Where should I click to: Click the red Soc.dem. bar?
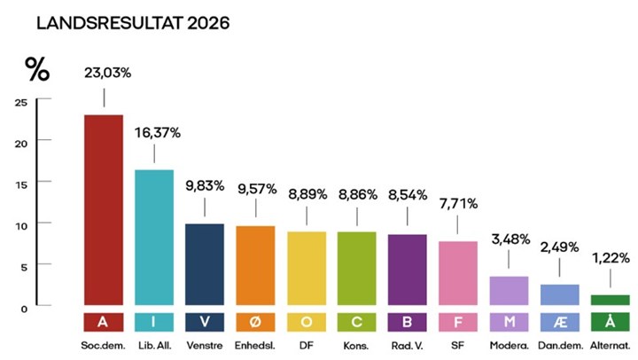click(103, 209)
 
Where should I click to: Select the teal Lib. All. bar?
click(154, 237)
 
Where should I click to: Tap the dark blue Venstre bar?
click(205, 263)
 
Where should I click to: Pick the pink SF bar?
click(458, 272)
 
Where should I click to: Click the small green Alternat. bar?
click(611, 300)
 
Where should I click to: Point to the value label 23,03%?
click(106, 73)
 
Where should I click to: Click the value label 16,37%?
click(157, 133)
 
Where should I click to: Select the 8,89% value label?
click(307, 191)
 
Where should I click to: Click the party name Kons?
click(357, 344)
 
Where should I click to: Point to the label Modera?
click(509, 344)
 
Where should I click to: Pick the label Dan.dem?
click(559, 344)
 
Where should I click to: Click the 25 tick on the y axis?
click(21, 101)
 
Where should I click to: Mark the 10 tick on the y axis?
click(21, 224)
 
